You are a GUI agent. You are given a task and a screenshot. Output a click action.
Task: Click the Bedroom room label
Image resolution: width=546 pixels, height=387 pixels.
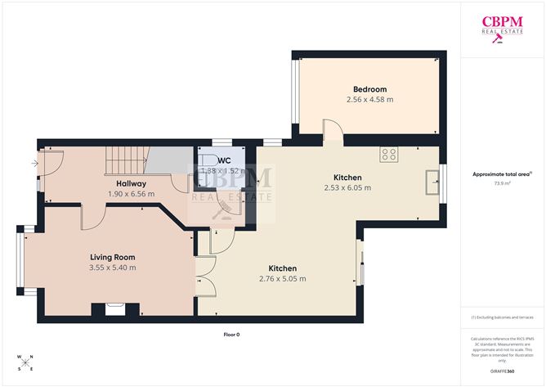point(369,89)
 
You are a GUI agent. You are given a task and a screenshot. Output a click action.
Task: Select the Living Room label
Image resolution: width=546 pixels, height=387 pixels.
point(113,257)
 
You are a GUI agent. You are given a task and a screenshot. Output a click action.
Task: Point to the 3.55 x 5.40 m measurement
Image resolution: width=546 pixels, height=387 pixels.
point(113,268)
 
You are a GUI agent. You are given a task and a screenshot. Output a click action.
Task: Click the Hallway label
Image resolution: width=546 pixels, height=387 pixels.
point(131,183)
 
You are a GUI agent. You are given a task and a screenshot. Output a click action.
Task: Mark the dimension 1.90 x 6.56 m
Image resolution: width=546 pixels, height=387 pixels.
point(131,194)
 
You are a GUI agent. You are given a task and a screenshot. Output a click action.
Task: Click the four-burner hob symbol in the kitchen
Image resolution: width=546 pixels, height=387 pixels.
point(389,152)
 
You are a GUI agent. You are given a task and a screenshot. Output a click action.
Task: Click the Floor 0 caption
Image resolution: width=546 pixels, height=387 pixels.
point(232,335)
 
